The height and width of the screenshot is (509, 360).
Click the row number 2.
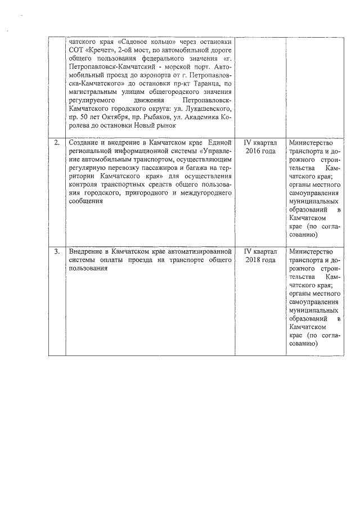click(x=56, y=143)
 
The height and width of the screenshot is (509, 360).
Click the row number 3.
click(x=56, y=252)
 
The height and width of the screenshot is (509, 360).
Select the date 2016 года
click(x=260, y=151)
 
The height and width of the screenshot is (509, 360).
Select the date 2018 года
click(x=260, y=260)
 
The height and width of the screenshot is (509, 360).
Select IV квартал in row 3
click(x=260, y=252)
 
